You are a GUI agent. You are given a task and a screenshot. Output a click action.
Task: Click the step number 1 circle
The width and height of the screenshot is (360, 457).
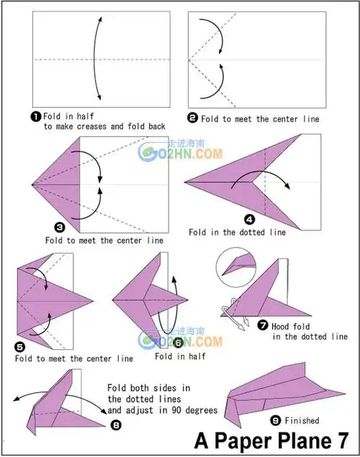click(x=35, y=117)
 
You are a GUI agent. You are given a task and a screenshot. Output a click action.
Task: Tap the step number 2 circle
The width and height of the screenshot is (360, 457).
click(x=192, y=118)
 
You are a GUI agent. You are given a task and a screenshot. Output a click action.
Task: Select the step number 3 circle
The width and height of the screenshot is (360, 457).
click(x=60, y=227)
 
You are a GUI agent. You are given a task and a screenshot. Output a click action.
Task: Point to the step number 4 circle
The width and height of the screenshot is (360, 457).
click(x=250, y=220)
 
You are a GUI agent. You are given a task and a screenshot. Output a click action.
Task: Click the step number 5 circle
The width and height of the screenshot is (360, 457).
click(x=19, y=347)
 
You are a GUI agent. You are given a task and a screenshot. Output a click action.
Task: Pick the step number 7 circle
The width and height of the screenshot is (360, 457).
click(x=263, y=325)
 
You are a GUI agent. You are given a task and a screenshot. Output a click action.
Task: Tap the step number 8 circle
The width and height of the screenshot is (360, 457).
click(x=116, y=425)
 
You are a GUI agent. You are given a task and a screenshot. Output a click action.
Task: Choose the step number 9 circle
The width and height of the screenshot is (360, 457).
click(x=275, y=420)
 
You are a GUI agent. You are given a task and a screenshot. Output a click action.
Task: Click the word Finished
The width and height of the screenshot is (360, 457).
click(x=302, y=420)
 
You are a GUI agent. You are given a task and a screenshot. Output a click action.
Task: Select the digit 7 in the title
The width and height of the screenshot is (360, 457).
click(x=341, y=440)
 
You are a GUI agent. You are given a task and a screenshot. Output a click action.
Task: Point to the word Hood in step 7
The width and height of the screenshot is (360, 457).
click(x=280, y=327)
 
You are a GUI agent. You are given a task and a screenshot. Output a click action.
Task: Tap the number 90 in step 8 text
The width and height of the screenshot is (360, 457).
click(x=176, y=410)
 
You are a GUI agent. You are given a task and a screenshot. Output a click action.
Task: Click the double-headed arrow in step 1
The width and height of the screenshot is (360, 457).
click(x=94, y=58)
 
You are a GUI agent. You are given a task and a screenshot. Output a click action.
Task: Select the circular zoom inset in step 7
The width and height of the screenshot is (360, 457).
click(x=236, y=268)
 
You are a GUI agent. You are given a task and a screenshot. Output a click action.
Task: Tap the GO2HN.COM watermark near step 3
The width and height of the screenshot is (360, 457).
click(x=180, y=152)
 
